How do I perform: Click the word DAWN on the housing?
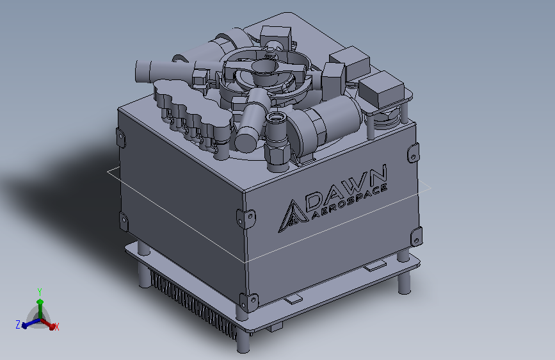click(346, 188)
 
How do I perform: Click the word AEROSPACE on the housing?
click(350, 202)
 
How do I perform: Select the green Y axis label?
click(40, 292)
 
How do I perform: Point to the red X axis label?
click(56, 327)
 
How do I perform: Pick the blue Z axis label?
click(18, 324)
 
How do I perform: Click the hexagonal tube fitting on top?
click(277, 142)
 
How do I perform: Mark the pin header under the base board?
click(193, 304)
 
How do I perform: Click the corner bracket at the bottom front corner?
click(248, 302)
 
